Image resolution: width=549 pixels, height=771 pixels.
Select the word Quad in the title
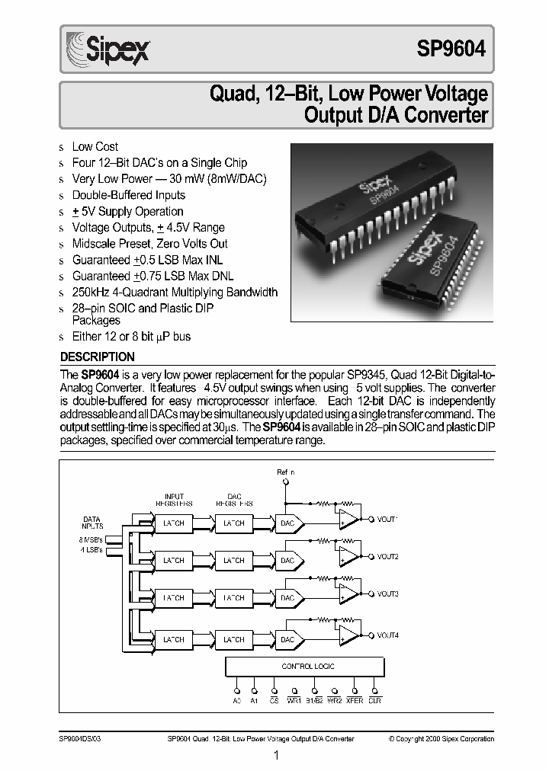point(232,95)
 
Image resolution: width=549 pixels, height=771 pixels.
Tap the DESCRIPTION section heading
point(97,357)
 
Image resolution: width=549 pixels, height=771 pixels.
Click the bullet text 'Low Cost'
point(95,146)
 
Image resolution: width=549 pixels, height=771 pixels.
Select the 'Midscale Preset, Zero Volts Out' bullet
point(149,244)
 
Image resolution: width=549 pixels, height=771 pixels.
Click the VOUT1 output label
point(387,519)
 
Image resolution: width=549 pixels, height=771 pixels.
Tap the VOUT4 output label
point(387,635)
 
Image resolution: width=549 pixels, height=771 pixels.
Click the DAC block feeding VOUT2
point(287,561)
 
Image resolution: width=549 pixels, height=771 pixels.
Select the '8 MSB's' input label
point(91,540)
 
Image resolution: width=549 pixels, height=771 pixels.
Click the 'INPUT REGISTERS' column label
point(174,499)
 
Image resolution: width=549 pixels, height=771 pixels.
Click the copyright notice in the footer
point(441,738)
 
